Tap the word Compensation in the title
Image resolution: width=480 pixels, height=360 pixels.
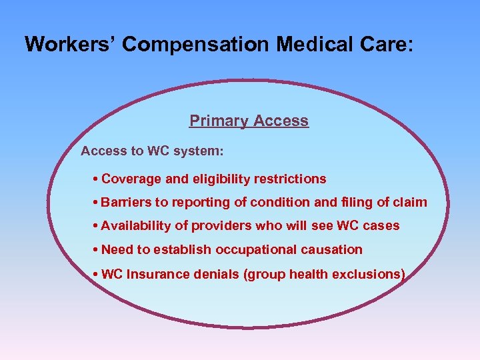coord(197,45)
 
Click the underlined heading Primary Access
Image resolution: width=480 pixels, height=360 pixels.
coord(249,121)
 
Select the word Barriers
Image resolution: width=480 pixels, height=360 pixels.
coord(127,202)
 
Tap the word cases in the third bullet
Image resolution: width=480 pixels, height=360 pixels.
coord(382,226)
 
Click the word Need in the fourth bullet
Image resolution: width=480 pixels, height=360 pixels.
coord(117,249)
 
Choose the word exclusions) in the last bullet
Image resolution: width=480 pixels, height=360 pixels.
coord(371,273)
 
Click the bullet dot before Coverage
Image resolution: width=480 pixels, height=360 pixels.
coord(97,179)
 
